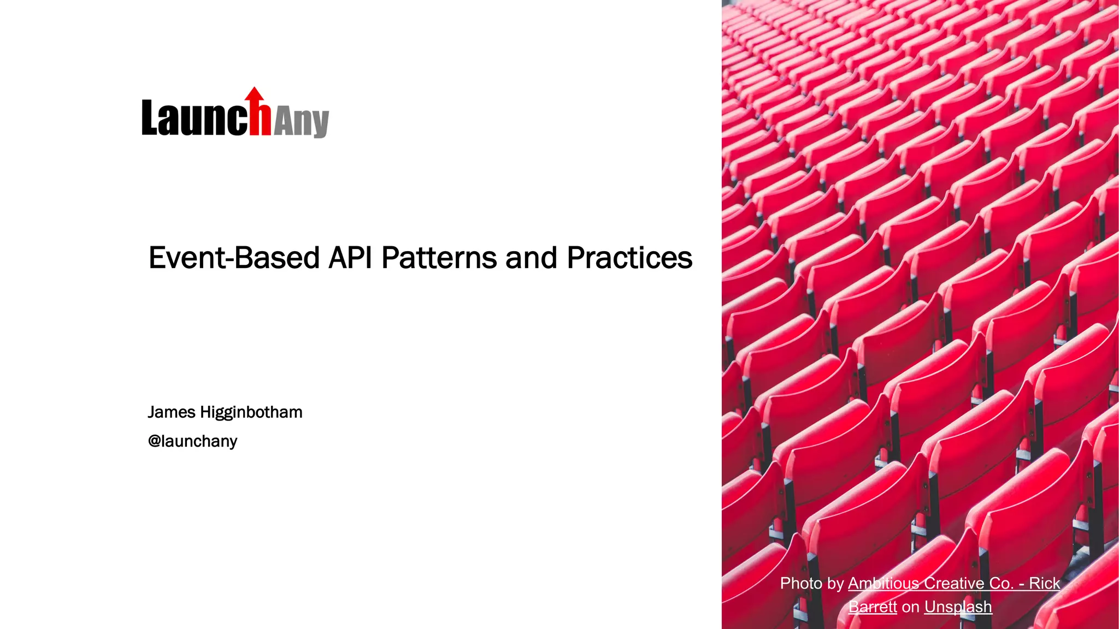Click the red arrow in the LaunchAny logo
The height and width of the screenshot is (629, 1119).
[x=255, y=96]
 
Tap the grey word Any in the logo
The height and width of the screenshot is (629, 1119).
[x=301, y=121]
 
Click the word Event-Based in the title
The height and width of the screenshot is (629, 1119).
[x=234, y=258]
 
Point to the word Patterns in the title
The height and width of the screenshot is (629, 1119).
[x=439, y=258]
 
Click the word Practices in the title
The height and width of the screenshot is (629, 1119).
[x=629, y=258]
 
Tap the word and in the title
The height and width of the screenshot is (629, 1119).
[x=531, y=258]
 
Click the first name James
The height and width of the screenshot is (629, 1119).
[x=172, y=412]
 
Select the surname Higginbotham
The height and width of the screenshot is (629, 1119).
[x=251, y=412]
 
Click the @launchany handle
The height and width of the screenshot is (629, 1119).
[x=192, y=441]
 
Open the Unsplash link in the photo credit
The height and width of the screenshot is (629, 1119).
[x=958, y=607]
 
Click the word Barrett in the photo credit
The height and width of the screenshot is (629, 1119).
[x=873, y=607]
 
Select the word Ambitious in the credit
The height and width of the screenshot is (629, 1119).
[x=883, y=583]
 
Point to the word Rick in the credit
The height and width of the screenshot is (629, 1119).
[x=1044, y=583]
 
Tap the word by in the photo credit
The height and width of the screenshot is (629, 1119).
[x=835, y=583]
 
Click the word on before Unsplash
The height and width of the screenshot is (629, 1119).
[x=910, y=607]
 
